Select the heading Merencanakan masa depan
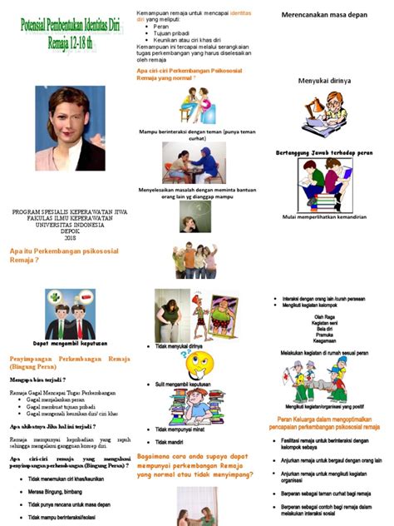pyautogui.click(x=325, y=14)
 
